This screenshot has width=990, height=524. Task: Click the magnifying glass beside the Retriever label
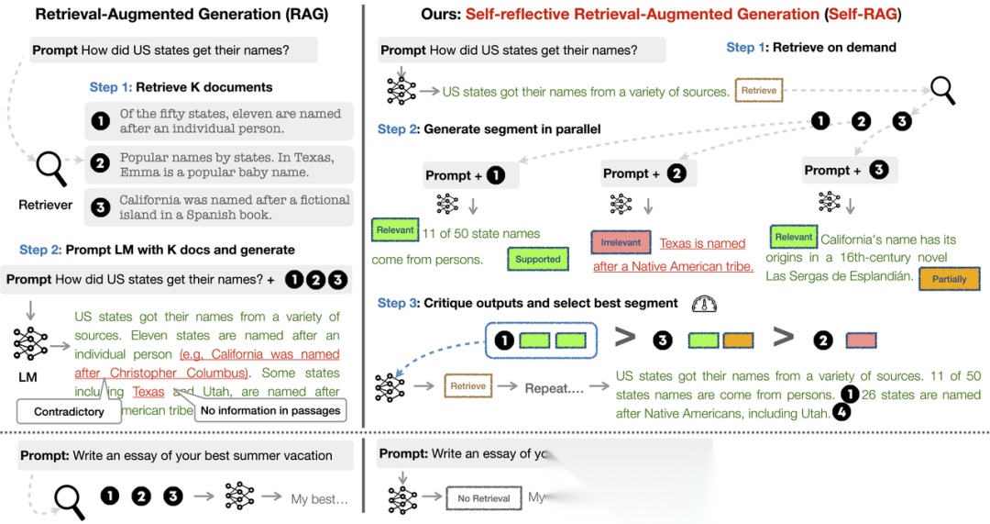click(x=50, y=168)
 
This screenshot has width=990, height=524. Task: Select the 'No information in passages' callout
click(x=270, y=411)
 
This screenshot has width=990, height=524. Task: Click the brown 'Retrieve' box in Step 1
click(x=759, y=91)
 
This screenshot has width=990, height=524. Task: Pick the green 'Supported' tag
click(x=538, y=259)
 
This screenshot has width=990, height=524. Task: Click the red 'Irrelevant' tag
click(x=620, y=242)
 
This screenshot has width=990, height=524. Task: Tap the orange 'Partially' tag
click(x=949, y=279)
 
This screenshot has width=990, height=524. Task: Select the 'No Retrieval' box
click(x=483, y=498)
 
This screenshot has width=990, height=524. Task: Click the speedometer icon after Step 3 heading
click(x=704, y=304)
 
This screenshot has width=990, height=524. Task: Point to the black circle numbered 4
click(x=841, y=413)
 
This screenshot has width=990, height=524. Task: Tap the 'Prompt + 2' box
click(x=643, y=173)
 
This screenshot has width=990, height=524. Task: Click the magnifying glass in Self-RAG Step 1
click(x=942, y=90)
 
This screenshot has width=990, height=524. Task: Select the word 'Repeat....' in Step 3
click(x=553, y=387)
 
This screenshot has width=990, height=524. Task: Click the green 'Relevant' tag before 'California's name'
click(x=793, y=237)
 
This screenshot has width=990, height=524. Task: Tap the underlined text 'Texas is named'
click(x=702, y=243)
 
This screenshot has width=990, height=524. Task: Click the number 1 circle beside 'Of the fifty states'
click(x=101, y=120)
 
